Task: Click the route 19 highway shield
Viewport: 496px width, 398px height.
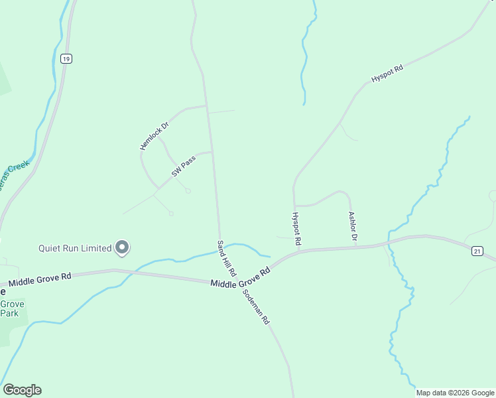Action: tap(66, 59)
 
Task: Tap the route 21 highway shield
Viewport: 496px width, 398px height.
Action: tap(477, 251)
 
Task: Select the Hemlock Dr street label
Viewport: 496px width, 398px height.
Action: tap(155, 135)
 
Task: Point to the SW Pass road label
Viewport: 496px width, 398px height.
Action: tap(183, 167)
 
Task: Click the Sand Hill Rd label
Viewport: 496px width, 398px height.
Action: tap(226, 258)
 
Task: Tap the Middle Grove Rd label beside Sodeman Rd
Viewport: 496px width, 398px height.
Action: tap(240, 278)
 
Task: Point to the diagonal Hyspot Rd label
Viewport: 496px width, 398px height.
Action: tap(387, 73)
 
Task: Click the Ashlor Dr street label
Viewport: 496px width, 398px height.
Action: tap(353, 227)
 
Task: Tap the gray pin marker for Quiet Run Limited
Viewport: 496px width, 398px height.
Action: tap(122, 247)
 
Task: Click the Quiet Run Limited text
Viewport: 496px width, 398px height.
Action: tap(74, 249)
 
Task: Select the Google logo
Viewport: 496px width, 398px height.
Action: tap(22, 390)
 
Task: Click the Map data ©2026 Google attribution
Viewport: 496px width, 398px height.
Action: tap(454, 393)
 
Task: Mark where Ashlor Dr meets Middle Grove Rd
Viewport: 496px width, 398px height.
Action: tap(356, 247)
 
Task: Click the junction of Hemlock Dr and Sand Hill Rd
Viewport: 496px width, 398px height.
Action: tap(207, 105)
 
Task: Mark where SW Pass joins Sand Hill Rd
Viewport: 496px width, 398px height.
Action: tap(212, 152)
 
